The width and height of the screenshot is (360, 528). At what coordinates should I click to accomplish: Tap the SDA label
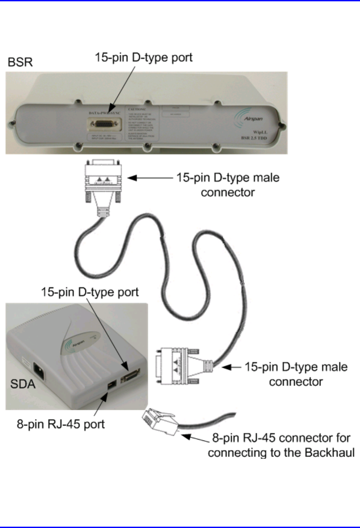coord(22,387)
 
